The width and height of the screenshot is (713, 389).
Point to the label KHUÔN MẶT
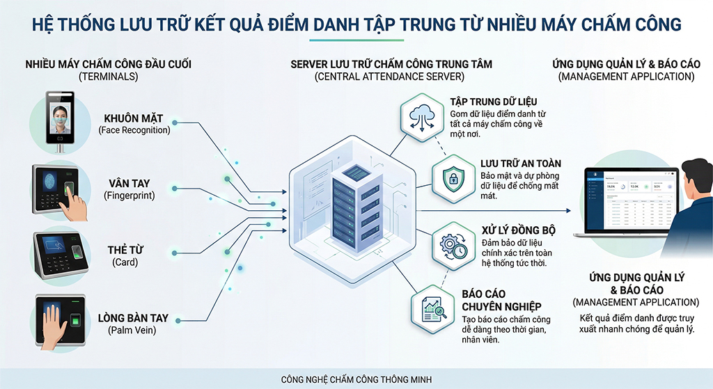134,118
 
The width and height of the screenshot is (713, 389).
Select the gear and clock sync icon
450,244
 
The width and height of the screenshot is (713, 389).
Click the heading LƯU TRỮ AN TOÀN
520,164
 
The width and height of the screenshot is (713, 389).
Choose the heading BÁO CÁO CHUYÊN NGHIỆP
501,300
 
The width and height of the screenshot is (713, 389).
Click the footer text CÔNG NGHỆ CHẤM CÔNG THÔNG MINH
356,379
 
